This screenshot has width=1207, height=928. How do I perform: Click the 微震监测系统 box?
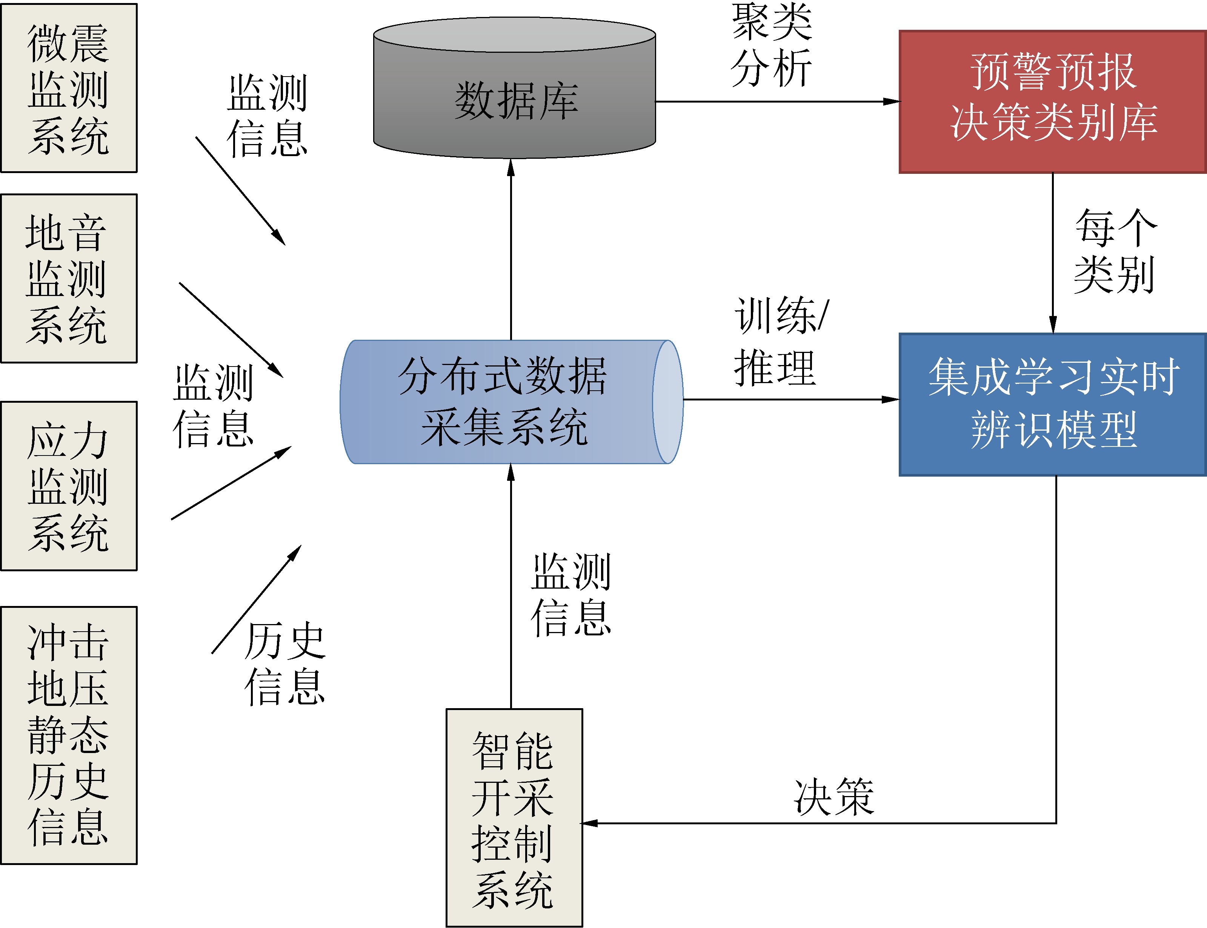point(69,88)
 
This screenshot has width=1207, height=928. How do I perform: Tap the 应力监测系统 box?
point(69,486)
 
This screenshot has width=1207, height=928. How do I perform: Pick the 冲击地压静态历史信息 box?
point(69,735)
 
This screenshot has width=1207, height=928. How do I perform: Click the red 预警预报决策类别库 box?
point(1052,102)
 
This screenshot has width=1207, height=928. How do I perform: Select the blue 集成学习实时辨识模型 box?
point(1052,404)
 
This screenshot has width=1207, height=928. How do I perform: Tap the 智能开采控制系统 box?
point(514,818)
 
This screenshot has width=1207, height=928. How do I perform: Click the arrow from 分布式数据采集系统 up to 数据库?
point(511,248)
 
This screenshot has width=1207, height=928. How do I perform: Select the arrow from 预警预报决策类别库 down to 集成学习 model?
point(1053,254)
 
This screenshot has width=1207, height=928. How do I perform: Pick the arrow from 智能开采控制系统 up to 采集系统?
point(511,586)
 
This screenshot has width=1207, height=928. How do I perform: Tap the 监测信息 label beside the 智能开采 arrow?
point(571,595)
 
